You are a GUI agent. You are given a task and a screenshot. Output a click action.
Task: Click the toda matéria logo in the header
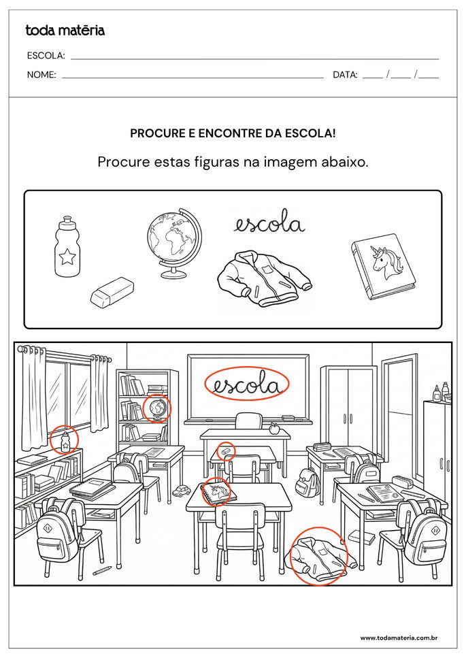65,30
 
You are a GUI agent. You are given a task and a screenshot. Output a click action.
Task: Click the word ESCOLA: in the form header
46,56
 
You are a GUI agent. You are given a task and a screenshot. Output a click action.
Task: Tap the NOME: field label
41,75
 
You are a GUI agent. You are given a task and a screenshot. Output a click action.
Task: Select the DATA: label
345,75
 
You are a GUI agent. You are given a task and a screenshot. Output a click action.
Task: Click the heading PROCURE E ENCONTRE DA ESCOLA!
233,133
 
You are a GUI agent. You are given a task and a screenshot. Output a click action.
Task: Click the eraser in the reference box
112,291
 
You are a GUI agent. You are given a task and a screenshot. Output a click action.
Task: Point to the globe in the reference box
173,242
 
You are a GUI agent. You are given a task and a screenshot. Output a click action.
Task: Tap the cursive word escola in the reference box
269,224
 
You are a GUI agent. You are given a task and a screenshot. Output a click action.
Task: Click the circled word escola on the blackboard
248,384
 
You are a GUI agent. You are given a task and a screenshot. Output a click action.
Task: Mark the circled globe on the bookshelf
156,408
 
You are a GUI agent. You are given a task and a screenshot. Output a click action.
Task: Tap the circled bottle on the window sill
65,441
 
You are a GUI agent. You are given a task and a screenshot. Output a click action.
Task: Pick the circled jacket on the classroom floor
318,555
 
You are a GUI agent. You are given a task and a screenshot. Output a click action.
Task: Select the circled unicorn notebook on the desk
217,491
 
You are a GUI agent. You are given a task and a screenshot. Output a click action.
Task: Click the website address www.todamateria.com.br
398,638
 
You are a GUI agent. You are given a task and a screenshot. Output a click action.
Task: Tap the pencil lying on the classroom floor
102,570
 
